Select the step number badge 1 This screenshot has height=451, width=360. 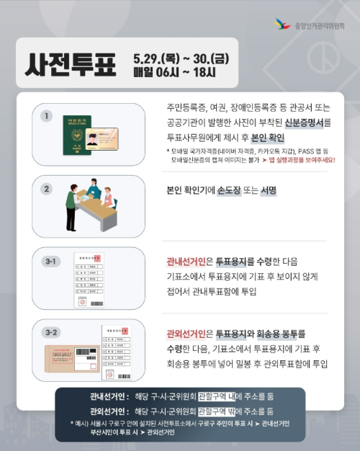pyautogui.click(x=47, y=115)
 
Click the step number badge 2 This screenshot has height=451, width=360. pyautogui.click(x=47, y=189)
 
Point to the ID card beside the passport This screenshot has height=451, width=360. pyautogui.click(x=103, y=137)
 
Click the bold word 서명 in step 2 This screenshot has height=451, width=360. pyautogui.click(x=269, y=191)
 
